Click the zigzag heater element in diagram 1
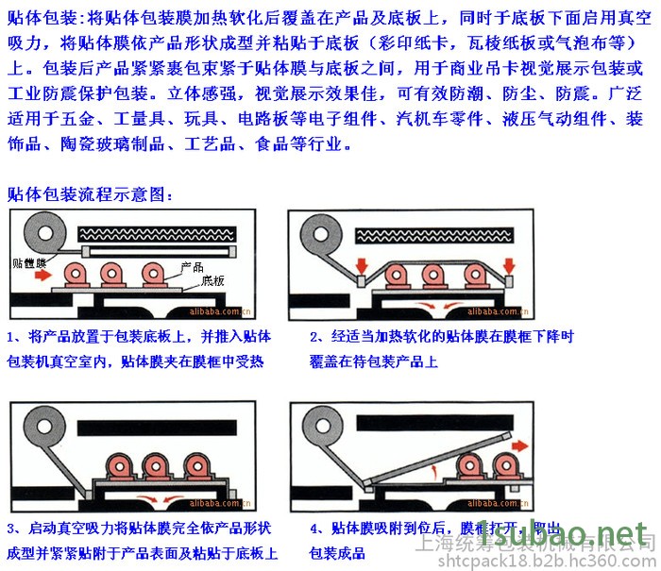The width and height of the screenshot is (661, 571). [x=156, y=232]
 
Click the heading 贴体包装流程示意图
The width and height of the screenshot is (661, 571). [x=90, y=194]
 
